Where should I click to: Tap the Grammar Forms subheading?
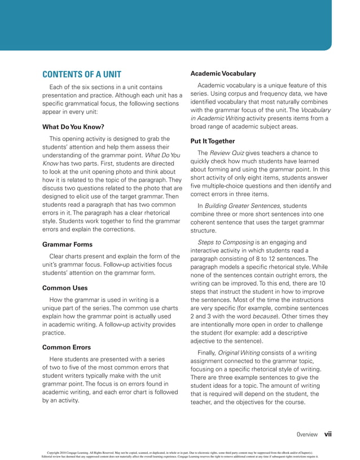[x=67, y=244]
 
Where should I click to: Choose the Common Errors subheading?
[x=67, y=347]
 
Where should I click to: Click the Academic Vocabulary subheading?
[x=223, y=73]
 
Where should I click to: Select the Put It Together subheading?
[x=213, y=141]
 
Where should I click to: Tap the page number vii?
[x=327, y=435]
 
